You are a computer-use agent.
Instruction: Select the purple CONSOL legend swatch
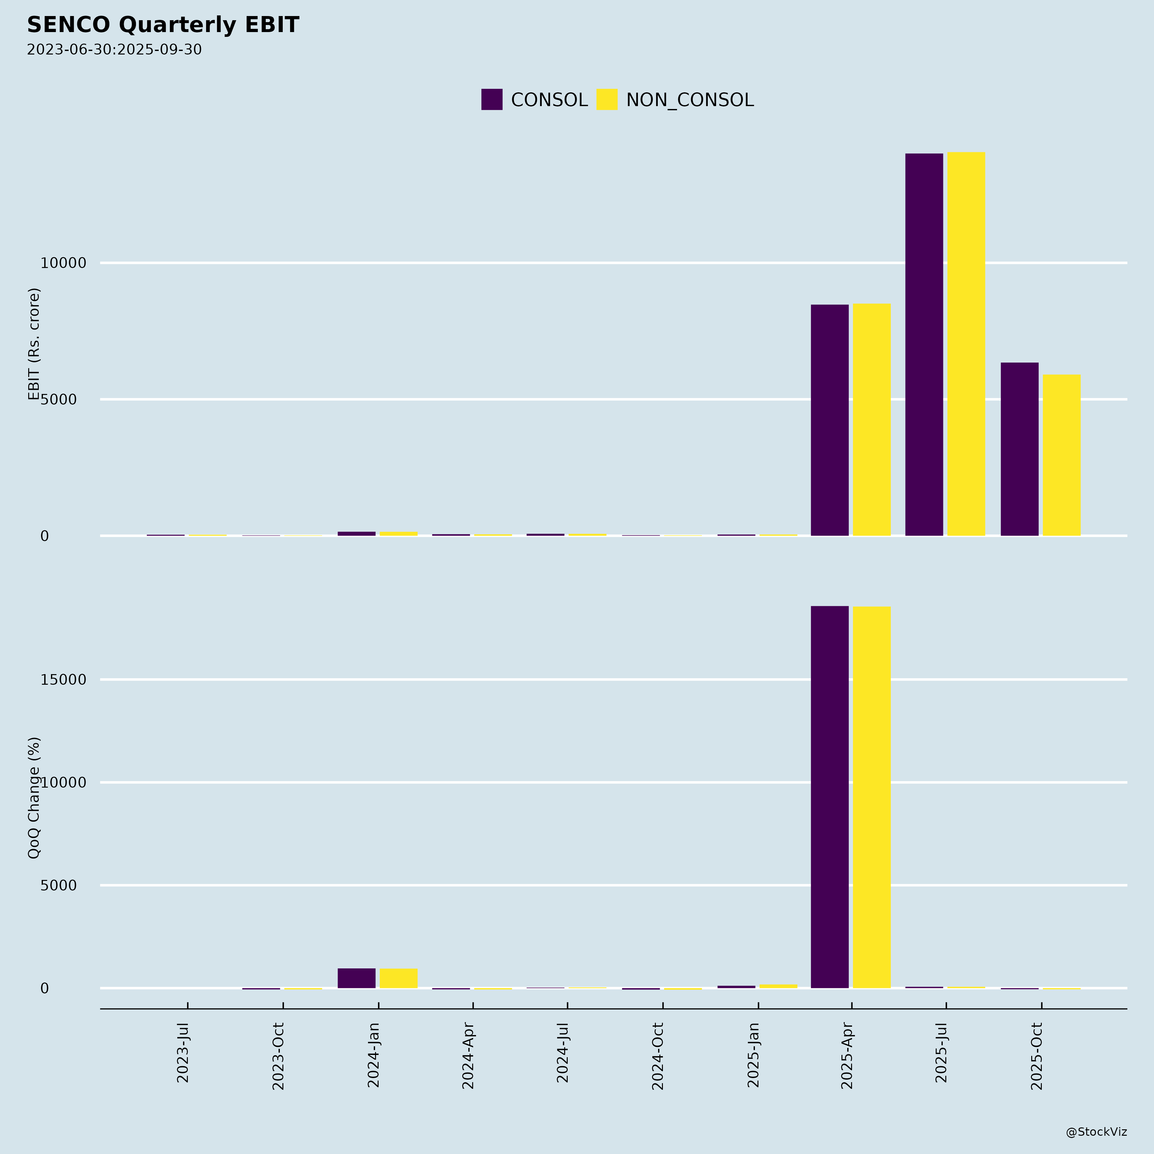(x=492, y=100)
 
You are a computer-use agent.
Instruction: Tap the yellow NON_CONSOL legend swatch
(x=607, y=100)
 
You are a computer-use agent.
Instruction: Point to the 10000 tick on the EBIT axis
(x=63, y=263)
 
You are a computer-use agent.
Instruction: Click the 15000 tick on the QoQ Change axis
(x=63, y=680)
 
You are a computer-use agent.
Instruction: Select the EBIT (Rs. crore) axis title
(x=34, y=344)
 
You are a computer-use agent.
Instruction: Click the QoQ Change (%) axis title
(x=34, y=798)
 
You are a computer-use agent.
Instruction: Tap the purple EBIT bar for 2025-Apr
(x=830, y=420)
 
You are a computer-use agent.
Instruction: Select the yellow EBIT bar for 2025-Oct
(x=1061, y=455)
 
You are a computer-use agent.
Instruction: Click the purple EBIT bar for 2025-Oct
(x=1020, y=449)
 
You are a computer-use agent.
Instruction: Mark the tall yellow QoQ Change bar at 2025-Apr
(x=872, y=798)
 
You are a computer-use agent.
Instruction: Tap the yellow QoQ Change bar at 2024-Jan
(x=398, y=978)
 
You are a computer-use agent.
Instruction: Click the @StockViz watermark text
(x=1096, y=1132)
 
